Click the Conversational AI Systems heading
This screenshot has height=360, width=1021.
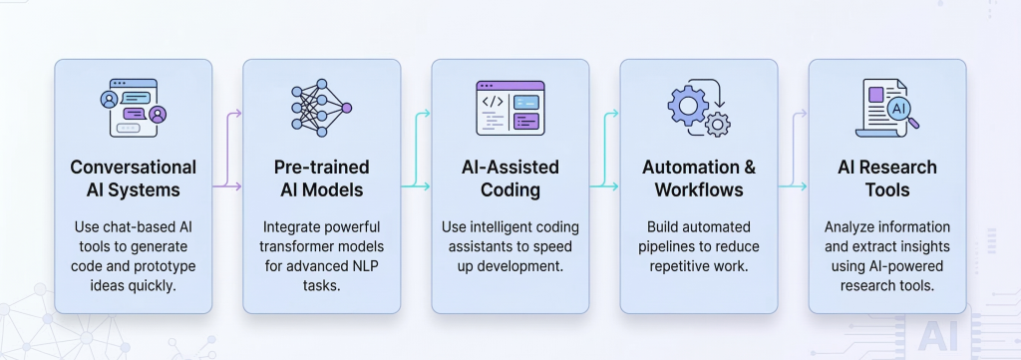point(133,177)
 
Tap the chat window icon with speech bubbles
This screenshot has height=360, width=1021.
point(133,106)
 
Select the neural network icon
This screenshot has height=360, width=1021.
point(321,104)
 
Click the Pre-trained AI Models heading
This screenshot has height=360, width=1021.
point(321,177)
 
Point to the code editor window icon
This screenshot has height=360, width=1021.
point(510,106)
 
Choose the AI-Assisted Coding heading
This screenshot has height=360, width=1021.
point(510,177)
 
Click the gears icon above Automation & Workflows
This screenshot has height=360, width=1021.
point(698,108)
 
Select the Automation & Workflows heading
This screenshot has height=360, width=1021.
point(698,177)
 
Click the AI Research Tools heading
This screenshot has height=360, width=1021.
point(886,177)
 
